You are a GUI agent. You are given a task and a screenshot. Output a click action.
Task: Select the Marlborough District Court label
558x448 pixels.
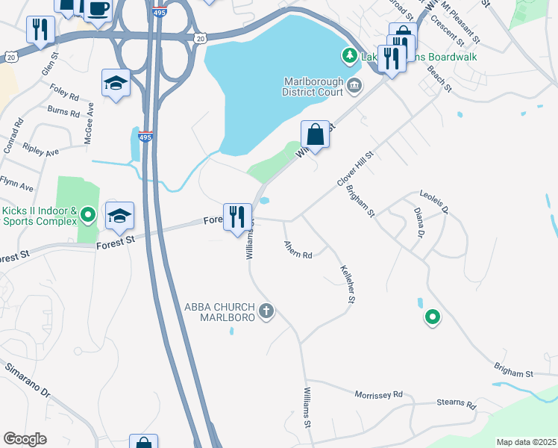[313, 87]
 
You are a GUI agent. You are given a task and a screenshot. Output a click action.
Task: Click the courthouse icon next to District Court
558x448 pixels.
[354, 87]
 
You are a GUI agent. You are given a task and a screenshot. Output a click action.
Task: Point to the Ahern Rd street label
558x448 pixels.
[297, 250]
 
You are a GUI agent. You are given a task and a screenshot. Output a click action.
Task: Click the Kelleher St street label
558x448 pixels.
[346, 284]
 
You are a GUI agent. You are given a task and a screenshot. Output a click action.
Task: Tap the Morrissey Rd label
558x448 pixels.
[378, 394]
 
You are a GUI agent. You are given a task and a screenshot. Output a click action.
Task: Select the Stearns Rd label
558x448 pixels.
[456, 405]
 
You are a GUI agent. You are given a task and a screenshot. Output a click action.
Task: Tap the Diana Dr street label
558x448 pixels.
[418, 223]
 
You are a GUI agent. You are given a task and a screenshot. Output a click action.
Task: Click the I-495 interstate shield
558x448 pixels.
[145, 137]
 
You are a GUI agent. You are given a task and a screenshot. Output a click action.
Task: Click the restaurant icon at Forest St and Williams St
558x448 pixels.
[237, 217]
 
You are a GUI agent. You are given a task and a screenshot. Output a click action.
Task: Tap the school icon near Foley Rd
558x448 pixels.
[116, 84]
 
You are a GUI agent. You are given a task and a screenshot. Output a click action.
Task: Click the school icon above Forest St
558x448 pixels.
[119, 217]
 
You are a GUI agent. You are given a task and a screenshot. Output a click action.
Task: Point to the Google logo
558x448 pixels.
[25, 439]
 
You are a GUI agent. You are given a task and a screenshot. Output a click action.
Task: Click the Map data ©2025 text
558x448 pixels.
[525, 442]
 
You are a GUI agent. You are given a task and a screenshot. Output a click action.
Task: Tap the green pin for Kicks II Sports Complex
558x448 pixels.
[88, 216]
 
